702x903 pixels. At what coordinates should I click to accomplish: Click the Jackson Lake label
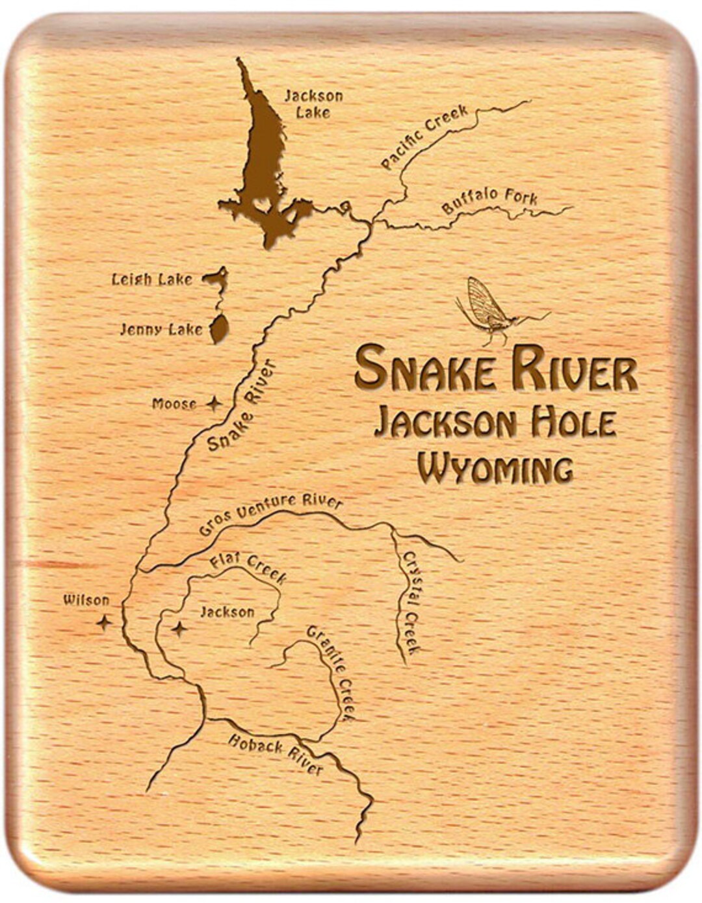click(x=313, y=104)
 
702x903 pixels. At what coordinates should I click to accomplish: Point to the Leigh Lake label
click(x=152, y=280)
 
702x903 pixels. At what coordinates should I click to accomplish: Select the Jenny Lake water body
click(x=219, y=330)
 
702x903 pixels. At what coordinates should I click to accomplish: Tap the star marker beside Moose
click(x=213, y=404)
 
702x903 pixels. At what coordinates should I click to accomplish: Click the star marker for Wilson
click(x=104, y=622)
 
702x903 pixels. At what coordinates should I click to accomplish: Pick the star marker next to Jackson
click(x=179, y=629)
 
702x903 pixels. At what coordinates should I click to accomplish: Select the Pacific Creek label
click(x=424, y=138)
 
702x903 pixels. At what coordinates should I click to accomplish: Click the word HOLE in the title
click(x=573, y=423)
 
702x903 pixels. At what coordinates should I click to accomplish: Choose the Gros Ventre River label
click(x=270, y=514)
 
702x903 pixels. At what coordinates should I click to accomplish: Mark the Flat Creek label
click(x=248, y=569)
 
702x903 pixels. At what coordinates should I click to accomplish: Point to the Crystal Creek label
click(x=411, y=603)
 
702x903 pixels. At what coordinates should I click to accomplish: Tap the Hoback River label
click(x=275, y=754)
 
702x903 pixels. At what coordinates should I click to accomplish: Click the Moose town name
click(x=174, y=404)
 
